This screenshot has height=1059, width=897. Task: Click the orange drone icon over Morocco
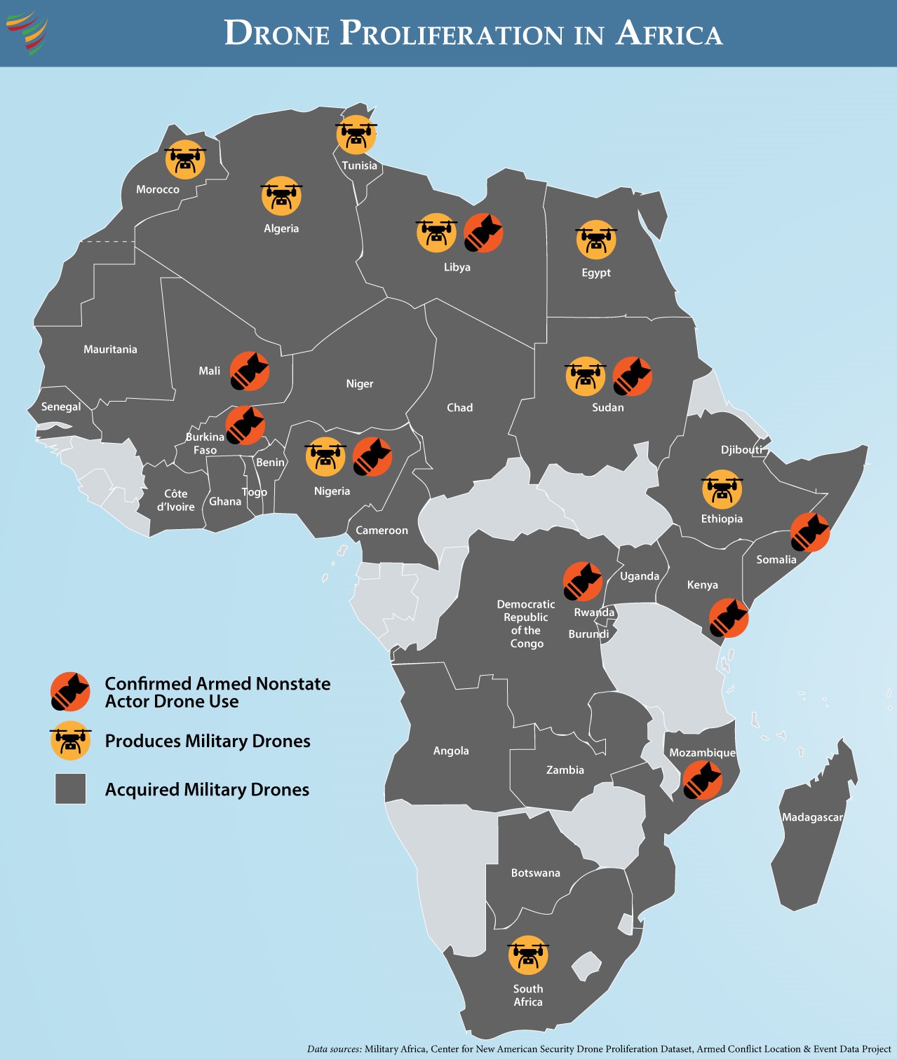tap(185, 160)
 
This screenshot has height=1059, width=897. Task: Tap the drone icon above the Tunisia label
tap(356, 135)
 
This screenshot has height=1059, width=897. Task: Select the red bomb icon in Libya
tap(483, 233)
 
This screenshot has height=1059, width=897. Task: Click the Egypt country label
tap(596, 273)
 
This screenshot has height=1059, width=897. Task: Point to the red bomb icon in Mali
tap(250, 371)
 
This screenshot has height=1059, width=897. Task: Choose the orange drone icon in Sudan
tap(586, 376)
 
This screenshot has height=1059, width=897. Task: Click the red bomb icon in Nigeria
tap(372, 457)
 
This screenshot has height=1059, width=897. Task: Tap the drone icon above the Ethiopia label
tap(722, 489)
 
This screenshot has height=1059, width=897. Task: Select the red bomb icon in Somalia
tap(810, 532)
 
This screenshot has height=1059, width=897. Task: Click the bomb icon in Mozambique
tap(702, 780)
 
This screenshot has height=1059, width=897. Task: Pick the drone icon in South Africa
tap(528, 955)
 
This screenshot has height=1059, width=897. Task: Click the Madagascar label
tap(812, 817)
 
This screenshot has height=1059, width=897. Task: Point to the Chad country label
tap(460, 408)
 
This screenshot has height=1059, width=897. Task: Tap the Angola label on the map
tap(451, 751)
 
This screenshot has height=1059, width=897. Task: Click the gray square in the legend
tap(71, 788)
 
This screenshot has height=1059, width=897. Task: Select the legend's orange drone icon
tap(70, 741)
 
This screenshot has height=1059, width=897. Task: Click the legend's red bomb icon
tap(70, 692)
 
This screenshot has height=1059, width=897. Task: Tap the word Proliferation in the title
tap(452, 34)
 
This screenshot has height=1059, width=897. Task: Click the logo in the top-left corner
tap(27, 32)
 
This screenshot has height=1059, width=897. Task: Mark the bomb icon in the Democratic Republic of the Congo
tap(582, 581)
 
